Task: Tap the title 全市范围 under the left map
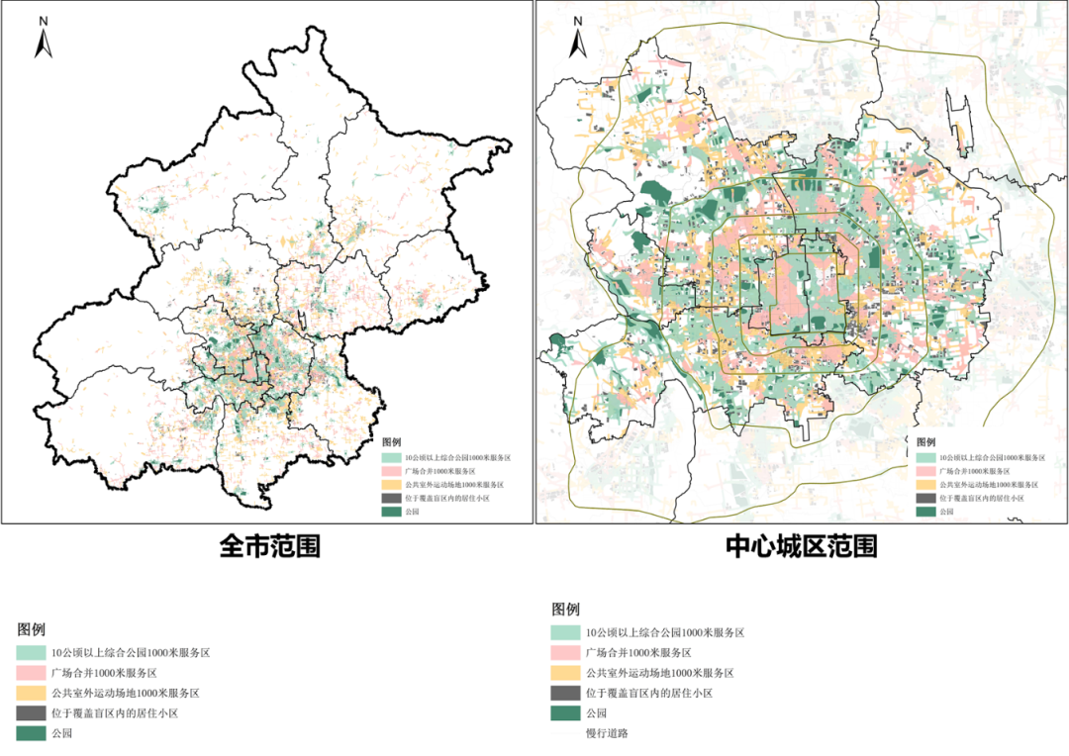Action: [x=269, y=546]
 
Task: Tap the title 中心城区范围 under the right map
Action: [x=802, y=546]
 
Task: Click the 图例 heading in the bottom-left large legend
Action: [x=32, y=629]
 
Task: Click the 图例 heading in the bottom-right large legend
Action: [x=566, y=609]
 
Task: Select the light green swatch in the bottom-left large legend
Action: [x=31, y=653]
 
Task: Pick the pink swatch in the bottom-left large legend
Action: [x=31, y=673]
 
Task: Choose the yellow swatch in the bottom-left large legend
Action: [x=31, y=693]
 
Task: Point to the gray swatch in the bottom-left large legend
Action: [x=31, y=713]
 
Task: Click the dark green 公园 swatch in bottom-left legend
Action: [x=31, y=733]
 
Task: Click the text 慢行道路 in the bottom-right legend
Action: [x=607, y=733]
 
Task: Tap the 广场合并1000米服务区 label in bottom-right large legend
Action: [x=637, y=653]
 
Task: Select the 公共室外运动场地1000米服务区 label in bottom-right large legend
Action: [x=659, y=673]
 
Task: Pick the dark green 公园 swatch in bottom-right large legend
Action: [x=565, y=713]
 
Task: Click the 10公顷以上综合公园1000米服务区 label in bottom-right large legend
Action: [x=664, y=632]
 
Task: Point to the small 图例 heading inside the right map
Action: [x=926, y=441]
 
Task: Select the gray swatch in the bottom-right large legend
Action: [x=565, y=693]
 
